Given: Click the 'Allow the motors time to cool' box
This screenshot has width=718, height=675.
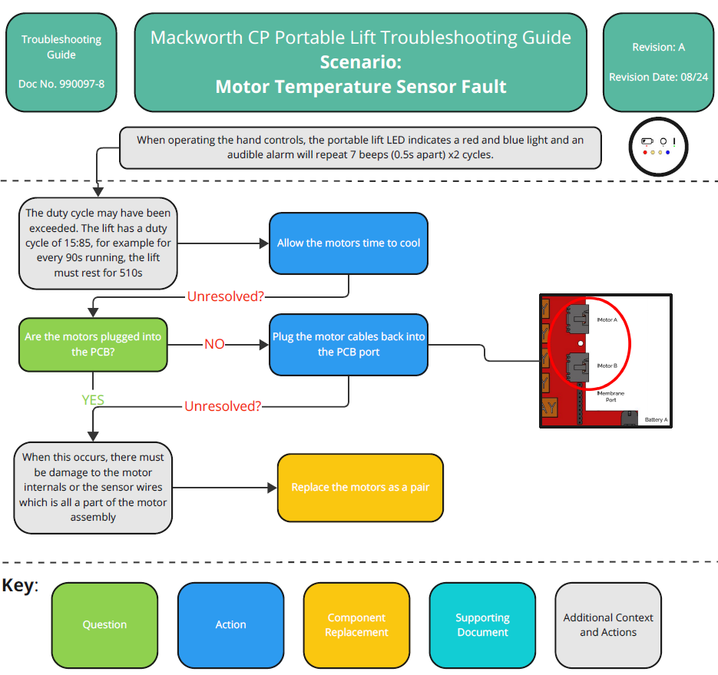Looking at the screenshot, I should [x=349, y=243].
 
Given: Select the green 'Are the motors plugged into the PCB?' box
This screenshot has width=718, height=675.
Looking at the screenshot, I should [x=93, y=344].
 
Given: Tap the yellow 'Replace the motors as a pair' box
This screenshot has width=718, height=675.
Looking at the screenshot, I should [x=360, y=488].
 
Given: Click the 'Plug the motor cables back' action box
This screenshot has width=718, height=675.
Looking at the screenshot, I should [x=349, y=344].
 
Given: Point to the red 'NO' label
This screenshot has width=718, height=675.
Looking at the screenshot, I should [x=214, y=344].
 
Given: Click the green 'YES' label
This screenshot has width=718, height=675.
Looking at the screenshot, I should [x=93, y=399].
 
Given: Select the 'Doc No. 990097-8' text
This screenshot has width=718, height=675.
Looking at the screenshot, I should [x=61, y=84].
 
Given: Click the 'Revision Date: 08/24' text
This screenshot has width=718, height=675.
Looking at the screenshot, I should [x=658, y=78].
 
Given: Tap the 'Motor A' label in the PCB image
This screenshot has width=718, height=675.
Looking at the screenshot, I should [x=607, y=319].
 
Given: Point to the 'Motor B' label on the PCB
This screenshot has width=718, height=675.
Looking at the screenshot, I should [x=607, y=366].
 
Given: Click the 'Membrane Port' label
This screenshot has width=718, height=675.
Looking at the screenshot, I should [x=610, y=396].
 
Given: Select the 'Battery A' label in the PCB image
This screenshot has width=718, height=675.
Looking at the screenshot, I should [x=656, y=420].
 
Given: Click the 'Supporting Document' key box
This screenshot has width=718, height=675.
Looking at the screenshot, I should [x=482, y=625].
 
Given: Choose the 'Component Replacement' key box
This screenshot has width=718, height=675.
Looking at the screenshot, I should [x=356, y=625].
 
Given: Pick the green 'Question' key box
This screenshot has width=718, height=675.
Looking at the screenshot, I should [x=104, y=625].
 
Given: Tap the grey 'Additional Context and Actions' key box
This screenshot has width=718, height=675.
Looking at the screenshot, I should [x=608, y=625].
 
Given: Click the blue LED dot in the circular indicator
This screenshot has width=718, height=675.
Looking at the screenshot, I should [x=668, y=152].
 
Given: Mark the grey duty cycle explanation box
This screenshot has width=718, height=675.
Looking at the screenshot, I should [x=98, y=243].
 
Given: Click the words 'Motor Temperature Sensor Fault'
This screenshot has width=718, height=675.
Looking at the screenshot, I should [x=360, y=86].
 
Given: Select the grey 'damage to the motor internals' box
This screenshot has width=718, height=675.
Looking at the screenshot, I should [x=93, y=488].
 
